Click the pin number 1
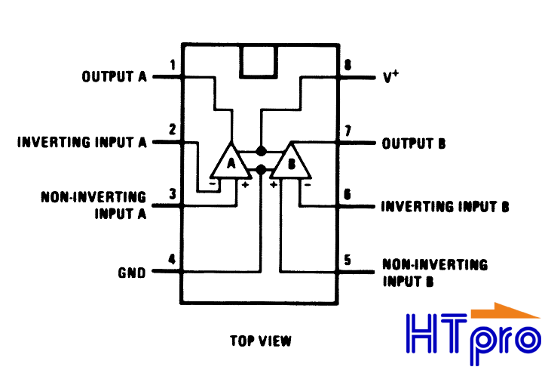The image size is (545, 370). point(173,65)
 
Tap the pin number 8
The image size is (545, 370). point(348,65)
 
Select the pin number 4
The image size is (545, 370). point(172,259)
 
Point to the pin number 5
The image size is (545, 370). point(348,260)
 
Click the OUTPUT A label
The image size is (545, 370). point(115,76)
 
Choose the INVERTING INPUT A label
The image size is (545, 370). point(82,142)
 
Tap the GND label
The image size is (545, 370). point(132,273)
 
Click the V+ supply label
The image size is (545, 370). point(390,76)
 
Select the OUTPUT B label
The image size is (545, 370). point(414,143)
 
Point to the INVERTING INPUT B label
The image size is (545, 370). point(445,206)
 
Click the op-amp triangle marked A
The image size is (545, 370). point(231,161)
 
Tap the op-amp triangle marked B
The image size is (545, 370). point(291,161)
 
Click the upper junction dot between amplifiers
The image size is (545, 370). point(261,152)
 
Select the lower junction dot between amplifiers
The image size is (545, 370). point(261,170)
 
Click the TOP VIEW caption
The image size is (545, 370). point(261,341)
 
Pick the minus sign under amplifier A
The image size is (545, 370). point(213,183)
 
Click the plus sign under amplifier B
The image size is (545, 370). point(274,184)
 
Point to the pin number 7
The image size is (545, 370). point(348,131)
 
